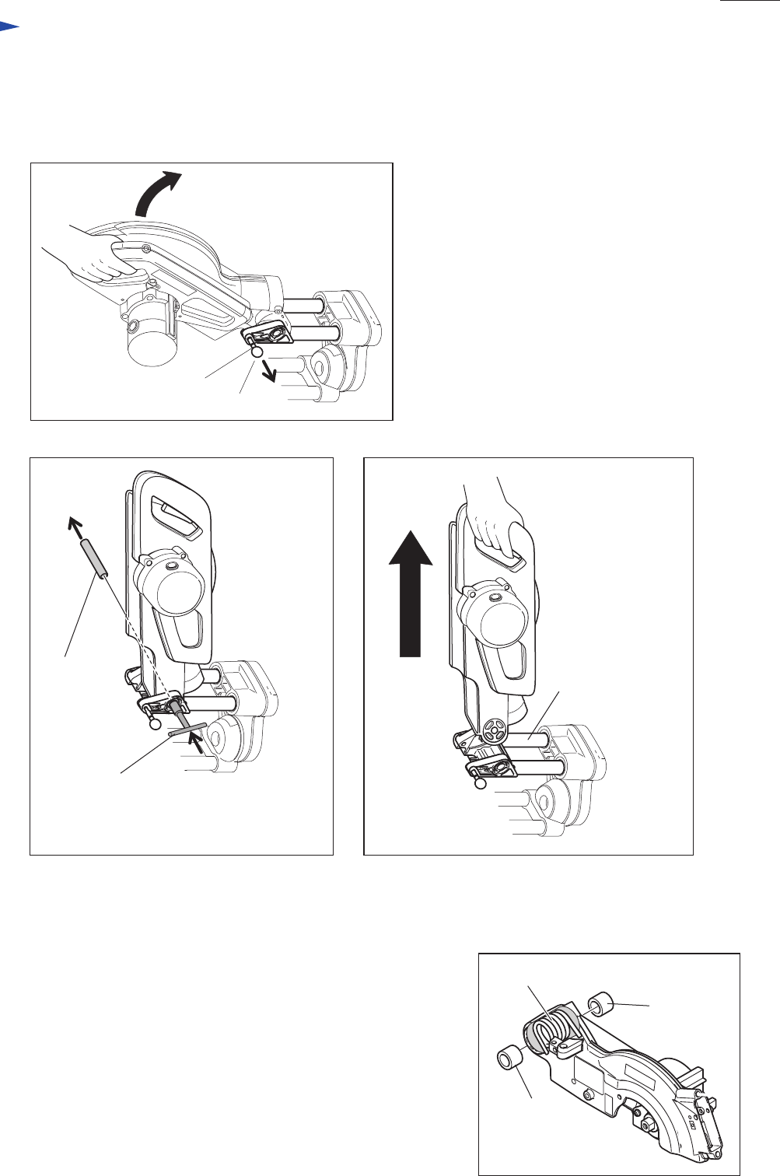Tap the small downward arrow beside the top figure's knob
coord(269,371)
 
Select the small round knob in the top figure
coord(257,351)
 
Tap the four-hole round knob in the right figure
coord(491,731)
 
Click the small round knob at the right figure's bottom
coord(481,785)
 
